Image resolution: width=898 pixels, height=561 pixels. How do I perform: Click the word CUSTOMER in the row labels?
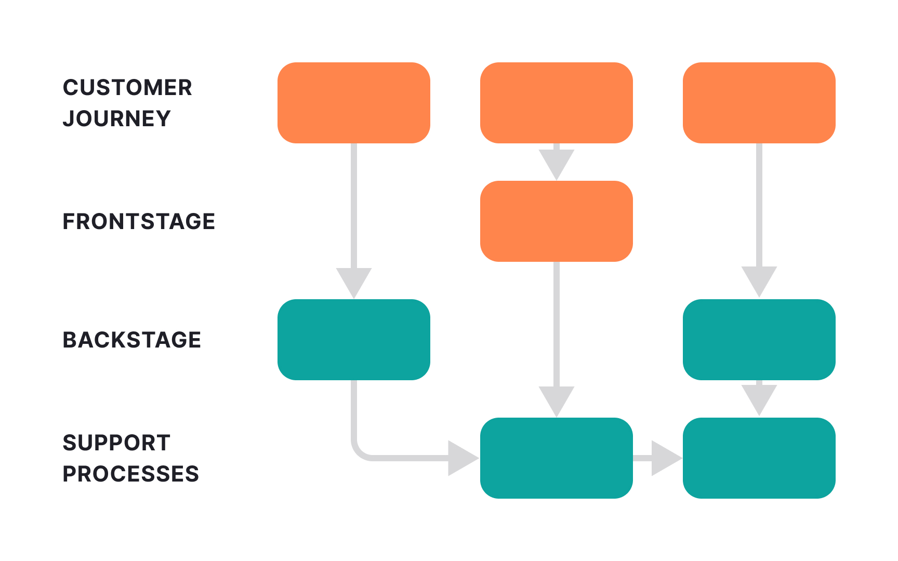point(127,87)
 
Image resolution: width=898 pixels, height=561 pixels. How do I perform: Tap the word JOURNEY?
point(116,118)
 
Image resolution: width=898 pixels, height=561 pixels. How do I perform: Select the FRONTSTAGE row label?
point(139,221)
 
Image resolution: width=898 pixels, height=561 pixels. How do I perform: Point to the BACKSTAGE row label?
point(131,340)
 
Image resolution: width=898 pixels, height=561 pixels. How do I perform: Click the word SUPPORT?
point(116,443)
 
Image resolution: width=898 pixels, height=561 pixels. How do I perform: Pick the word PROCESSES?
point(130,474)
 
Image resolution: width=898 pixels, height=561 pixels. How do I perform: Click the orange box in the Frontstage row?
point(556,221)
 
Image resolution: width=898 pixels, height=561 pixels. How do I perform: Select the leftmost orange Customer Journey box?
point(353,103)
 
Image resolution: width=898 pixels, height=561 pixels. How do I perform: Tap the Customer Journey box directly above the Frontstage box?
point(556,103)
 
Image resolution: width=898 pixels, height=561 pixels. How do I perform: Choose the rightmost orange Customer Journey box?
point(759,103)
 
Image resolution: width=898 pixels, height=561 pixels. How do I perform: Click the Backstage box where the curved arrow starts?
point(353,340)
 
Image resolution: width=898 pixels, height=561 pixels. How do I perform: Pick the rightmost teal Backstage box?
point(759,340)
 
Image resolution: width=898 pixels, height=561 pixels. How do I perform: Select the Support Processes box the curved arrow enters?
point(556,458)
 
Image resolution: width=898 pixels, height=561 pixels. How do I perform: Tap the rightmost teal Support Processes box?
point(759,458)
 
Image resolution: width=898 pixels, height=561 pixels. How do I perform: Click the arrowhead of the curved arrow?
point(461,458)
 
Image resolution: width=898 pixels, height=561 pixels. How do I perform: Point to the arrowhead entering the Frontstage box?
point(556,163)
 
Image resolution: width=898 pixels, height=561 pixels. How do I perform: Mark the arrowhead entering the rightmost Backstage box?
point(759,280)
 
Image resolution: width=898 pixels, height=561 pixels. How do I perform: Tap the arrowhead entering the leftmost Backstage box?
point(353,282)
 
